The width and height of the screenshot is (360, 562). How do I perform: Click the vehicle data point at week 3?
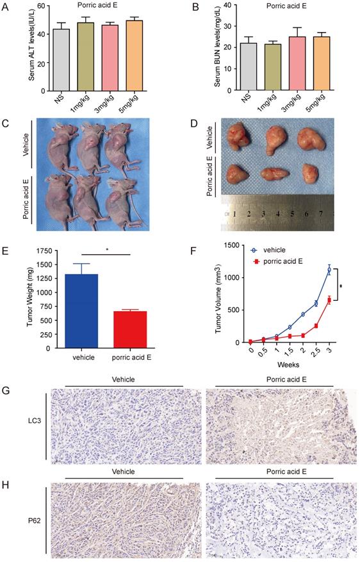coord(329,270)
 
